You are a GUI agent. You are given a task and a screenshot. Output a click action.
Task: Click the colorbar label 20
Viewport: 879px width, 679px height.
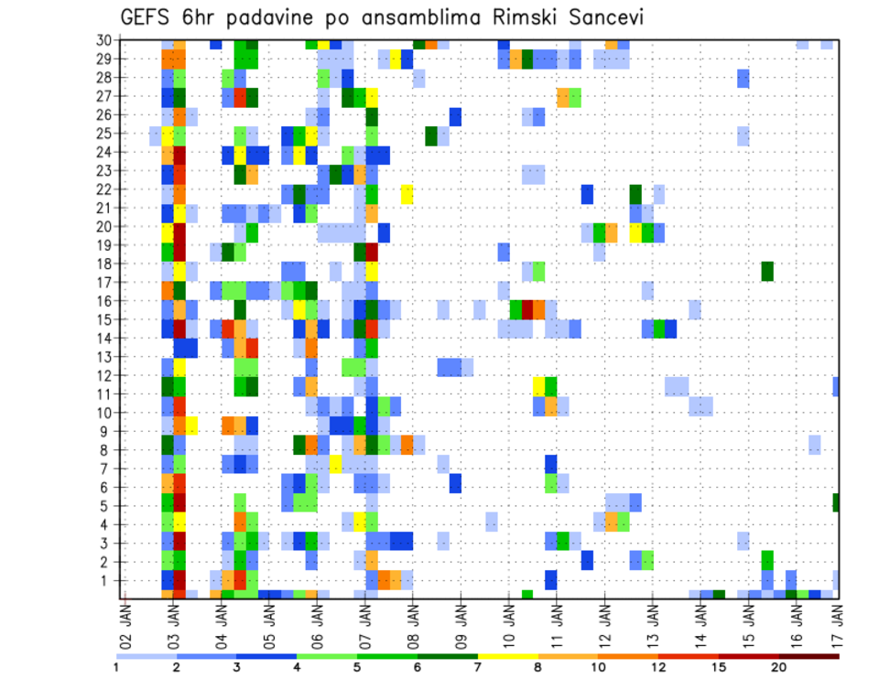[778, 667]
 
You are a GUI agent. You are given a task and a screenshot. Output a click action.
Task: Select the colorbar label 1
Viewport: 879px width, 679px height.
[116, 667]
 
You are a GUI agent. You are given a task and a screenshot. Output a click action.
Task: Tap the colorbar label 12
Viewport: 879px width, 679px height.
[658, 667]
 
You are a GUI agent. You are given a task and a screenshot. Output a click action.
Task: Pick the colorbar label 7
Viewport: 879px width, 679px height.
[478, 667]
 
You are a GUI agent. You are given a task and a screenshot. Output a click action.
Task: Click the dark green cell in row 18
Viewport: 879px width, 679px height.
[767, 271]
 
